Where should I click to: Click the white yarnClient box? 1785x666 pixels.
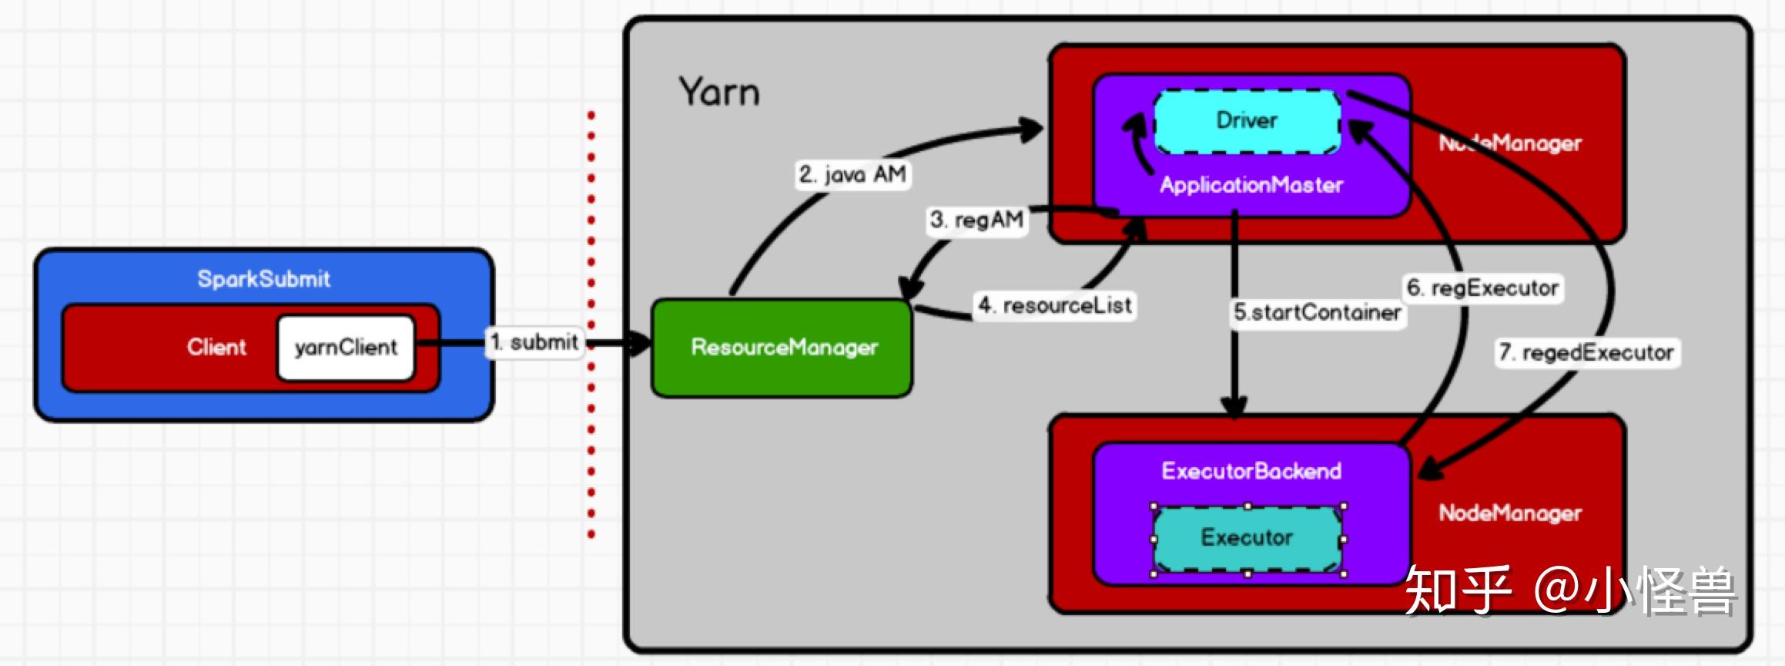tap(346, 348)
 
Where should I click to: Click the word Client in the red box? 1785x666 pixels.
tap(216, 347)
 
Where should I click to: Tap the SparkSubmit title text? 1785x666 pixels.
tap(263, 278)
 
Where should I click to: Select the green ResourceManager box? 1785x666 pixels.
tap(782, 348)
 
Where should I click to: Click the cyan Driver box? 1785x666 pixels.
tap(1247, 121)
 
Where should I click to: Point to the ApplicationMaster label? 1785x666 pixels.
tap(1251, 185)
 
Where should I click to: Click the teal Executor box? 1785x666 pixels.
tap(1247, 537)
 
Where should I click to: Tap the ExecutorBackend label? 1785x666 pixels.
tap(1251, 471)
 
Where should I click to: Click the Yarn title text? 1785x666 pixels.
tap(718, 92)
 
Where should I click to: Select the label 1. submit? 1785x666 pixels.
tap(535, 342)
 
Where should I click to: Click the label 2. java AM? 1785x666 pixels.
tap(852, 174)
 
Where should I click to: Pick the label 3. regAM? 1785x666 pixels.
tap(976, 220)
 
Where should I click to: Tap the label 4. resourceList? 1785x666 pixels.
tap(1054, 305)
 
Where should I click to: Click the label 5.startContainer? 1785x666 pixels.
tap(1317, 313)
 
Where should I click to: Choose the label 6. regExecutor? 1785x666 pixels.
tap(1482, 288)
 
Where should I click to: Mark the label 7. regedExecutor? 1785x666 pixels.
tap(1586, 353)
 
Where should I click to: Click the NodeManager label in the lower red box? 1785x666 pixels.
tap(1509, 513)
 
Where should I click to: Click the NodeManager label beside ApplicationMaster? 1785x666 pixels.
tap(1509, 143)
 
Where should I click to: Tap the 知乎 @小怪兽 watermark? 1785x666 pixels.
tap(1571, 590)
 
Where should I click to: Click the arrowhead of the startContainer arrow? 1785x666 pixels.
tap(1234, 409)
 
